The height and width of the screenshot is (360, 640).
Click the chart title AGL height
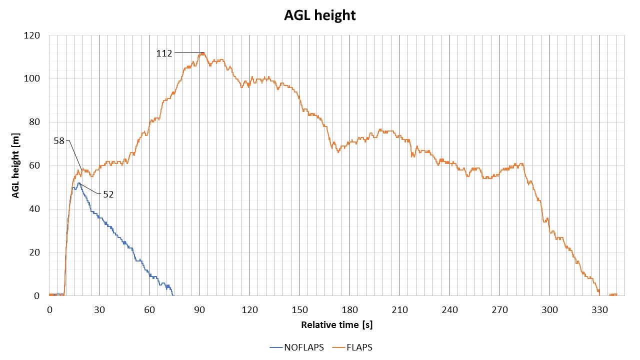pyautogui.click(x=320, y=15)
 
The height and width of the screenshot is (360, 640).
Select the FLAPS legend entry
pyautogui.click(x=359, y=347)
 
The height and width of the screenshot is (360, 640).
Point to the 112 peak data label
pyautogui.click(x=164, y=53)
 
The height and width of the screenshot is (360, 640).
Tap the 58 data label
pyautogui.click(x=59, y=141)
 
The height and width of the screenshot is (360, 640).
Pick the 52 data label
pyautogui.click(x=108, y=194)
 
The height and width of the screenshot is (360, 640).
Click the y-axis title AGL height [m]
pyautogui.click(x=16, y=165)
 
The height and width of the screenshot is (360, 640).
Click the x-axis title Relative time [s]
pyautogui.click(x=336, y=325)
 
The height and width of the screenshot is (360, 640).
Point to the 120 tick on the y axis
pyautogui.click(x=34, y=35)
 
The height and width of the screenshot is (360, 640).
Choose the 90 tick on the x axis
pyautogui.click(x=199, y=310)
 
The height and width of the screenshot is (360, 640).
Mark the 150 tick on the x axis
pyautogui.click(x=299, y=310)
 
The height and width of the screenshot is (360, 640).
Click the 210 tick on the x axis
pyautogui.click(x=399, y=310)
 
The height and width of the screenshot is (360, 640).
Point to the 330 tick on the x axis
pyautogui.click(x=599, y=310)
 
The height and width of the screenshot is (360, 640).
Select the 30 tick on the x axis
pyautogui.click(x=99, y=310)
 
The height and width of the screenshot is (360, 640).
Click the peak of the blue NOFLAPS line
pyautogui.click(x=78, y=183)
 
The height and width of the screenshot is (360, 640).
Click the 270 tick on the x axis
pyautogui.click(x=499, y=310)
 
